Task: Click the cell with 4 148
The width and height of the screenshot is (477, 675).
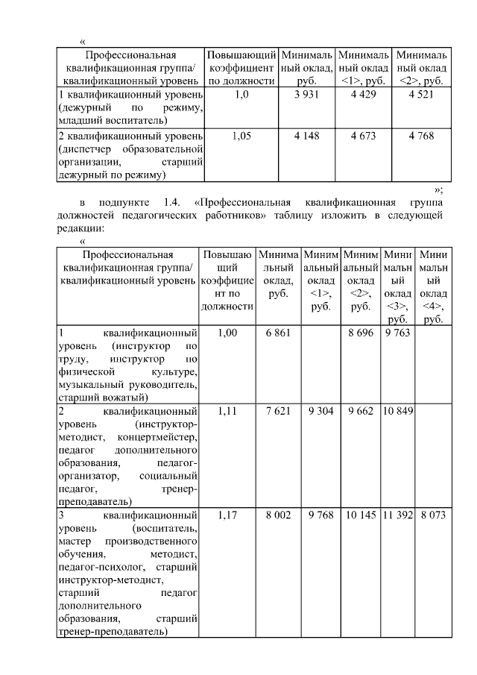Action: coord(306,136)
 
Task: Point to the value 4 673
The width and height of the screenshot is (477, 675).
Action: coord(364,136)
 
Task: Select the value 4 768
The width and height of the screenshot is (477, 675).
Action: coord(421,136)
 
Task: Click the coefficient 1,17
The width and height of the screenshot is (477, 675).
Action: coord(227,515)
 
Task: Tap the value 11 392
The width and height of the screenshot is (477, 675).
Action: coord(397,515)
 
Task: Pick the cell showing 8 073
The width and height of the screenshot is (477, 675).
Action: coord(433,515)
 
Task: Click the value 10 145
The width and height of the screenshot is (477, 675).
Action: coord(361,515)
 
